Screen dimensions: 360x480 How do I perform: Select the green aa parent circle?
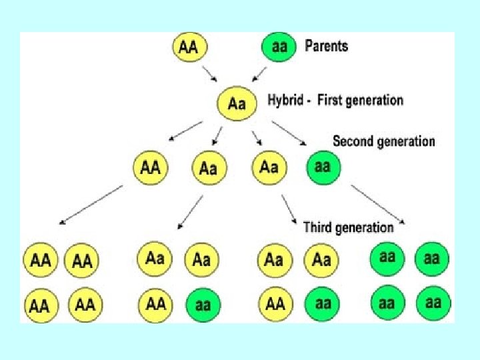(x=279, y=47)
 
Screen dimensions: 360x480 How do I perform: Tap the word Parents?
(x=326, y=46)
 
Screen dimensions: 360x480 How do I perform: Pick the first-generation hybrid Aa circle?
(x=237, y=103)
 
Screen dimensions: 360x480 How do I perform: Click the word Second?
(x=353, y=141)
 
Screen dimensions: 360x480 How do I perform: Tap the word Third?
(x=318, y=227)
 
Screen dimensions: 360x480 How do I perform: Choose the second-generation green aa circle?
(x=323, y=167)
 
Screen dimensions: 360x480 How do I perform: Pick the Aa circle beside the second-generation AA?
(x=208, y=169)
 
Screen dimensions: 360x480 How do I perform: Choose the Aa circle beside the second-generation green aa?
(x=269, y=167)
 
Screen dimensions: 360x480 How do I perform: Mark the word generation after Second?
(x=405, y=141)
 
